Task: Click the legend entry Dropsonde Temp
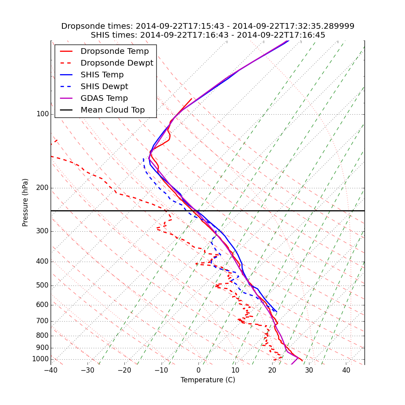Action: click(x=115, y=51)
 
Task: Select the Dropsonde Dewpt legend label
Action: click(x=117, y=63)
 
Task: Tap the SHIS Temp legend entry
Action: click(x=102, y=75)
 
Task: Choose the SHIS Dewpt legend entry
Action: click(x=104, y=87)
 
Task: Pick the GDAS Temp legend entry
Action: click(x=104, y=98)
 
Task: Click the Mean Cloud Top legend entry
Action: click(x=113, y=110)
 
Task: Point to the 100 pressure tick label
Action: click(x=43, y=114)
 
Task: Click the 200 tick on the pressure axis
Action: click(x=43, y=188)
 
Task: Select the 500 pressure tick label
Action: click(x=43, y=286)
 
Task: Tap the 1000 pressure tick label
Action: click(x=40, y=359)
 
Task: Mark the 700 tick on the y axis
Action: click(x=43, y=321)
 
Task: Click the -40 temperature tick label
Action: click(x=51, y=370)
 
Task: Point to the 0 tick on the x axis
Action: click(x=198, y=370)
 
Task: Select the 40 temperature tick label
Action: click(x=346, y=370)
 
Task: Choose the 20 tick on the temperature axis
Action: click(x=272, y=370)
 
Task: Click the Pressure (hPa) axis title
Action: click(x=26, y=202)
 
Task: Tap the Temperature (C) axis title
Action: click(x=208, y=380)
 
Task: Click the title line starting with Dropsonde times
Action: click(x=208, y=26)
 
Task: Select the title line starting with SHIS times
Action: click(x=208, y=35)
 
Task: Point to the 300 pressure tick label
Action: click(x=43, y=231)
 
